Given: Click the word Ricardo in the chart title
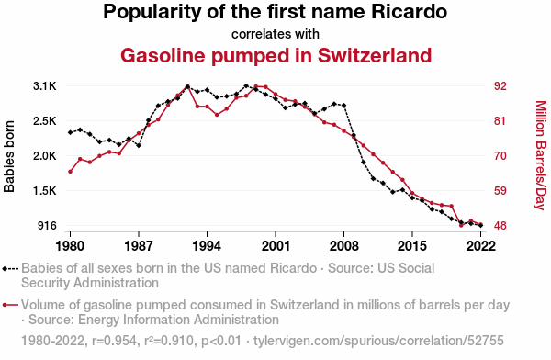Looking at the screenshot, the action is point(409,12).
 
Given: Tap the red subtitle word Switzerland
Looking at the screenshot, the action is point(375,55).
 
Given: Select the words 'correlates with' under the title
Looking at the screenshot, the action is point(275,34).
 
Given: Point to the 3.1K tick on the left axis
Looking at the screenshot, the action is point(45,86).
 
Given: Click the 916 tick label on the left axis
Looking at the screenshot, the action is point(47,225).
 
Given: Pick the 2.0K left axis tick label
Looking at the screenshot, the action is point(45,156).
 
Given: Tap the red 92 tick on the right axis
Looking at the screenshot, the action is point(500,86).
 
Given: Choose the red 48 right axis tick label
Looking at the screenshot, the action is point(500,225).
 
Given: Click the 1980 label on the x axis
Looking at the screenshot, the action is point(71,246).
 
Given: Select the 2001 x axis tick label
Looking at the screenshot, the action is point(275,246).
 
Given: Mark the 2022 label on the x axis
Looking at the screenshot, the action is point(481,246).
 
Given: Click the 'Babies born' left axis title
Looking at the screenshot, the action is point(9,156).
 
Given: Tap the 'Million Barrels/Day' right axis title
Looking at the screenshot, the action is point(541,155).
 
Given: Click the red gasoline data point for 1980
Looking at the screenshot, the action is point(71,172).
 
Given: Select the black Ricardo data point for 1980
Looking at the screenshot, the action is point(71,132).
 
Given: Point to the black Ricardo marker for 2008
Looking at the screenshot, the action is point(344,106).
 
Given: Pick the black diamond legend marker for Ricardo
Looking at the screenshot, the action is point(5,269).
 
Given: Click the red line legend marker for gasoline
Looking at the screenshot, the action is point(10,305).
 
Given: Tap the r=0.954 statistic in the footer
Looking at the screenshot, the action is point(114,341).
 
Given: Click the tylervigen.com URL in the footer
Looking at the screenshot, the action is point(378,341).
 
